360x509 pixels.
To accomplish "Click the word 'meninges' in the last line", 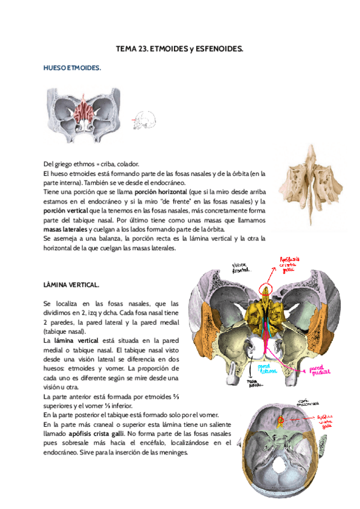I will click(173, 452).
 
